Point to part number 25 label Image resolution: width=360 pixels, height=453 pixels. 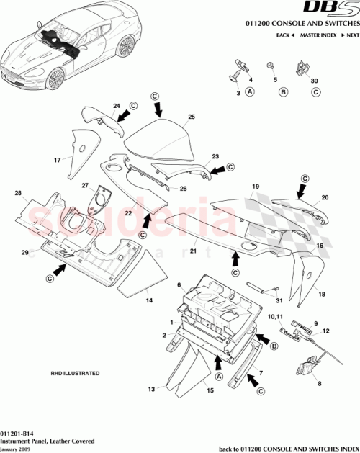[192, 117]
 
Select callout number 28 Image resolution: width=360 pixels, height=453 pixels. [17, 193]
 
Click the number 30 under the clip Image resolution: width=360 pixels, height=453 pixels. [313, 80]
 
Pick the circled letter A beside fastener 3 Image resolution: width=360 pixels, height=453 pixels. [250, 92]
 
